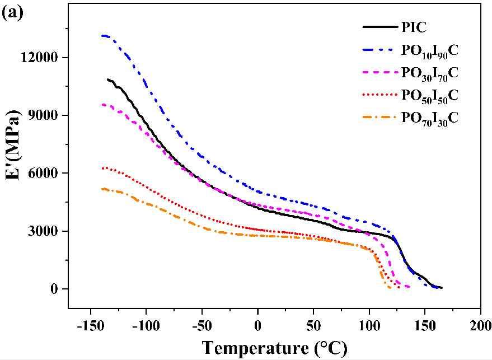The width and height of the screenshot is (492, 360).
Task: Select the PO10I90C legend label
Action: [x=430, y=51]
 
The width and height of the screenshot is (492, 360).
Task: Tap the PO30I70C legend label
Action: [x=430, y=73]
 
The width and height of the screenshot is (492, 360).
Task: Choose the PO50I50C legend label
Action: [x=430, y=96]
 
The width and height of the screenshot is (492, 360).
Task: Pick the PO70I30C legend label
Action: [x=430, y=118]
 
